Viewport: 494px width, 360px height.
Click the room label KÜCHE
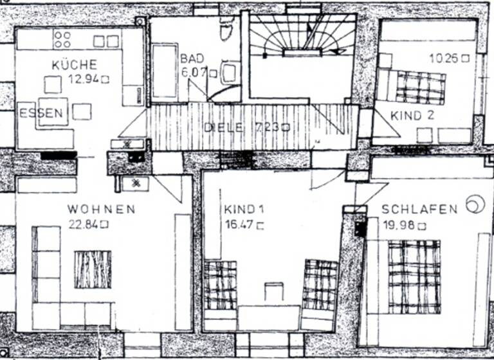75,64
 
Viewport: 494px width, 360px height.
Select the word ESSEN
42,114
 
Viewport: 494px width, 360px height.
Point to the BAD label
192,59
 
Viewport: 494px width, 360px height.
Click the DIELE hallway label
223,127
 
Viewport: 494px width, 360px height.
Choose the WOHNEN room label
102,210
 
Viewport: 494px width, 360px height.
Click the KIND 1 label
240,210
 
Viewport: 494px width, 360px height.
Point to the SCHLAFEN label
419,210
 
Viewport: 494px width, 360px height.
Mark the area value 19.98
399,225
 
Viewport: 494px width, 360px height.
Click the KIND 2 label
412,116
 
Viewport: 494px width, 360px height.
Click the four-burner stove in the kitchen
62,39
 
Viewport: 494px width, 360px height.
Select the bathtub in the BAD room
165,72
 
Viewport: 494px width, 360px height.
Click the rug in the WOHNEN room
93,269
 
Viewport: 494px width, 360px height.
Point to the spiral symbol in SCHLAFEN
475,204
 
